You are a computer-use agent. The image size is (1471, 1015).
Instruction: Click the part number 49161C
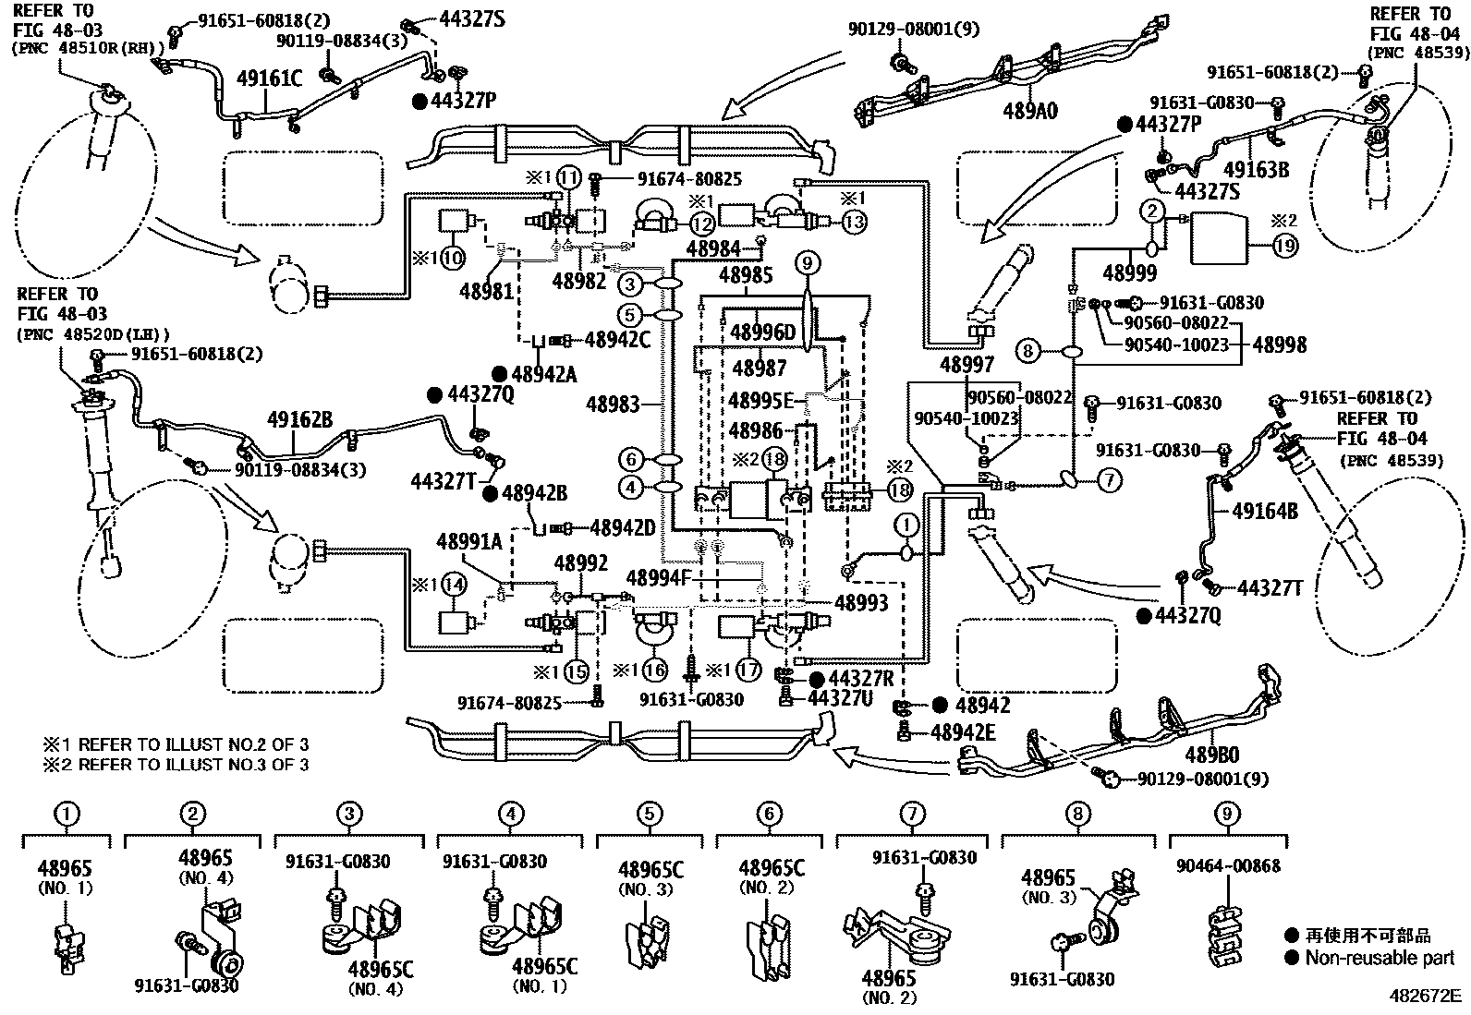[x=270, y=79]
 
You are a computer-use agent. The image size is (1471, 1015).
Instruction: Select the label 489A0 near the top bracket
[x=1029, y=111]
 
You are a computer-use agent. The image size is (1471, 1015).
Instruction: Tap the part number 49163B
[x=1256, y=169]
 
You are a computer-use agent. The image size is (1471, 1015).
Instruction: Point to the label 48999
[x=1129, y=273]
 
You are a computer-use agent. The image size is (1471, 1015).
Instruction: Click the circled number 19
[x=1284, y=246]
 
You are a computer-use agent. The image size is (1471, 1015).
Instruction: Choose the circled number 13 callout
[x=855, y=222]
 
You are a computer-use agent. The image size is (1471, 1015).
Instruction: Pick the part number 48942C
[x=617, y=340]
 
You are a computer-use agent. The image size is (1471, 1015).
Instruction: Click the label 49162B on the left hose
[x=299, y=419]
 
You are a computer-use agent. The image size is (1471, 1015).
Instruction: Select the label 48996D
[x=762, y=332]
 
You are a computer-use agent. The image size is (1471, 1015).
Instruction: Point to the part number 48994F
[x=658, y=578]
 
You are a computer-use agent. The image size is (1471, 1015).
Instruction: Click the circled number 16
[x=654, y=670]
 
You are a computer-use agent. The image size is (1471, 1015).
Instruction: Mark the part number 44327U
[x=839, y=698]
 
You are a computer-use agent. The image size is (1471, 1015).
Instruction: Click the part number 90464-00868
[x=1228, y=866]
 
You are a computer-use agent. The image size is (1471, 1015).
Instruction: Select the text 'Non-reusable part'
[x=1380, y=958]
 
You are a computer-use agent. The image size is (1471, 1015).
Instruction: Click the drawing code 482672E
[x=1424, y=997]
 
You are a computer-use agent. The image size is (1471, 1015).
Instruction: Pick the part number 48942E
[x=963, y=733]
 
